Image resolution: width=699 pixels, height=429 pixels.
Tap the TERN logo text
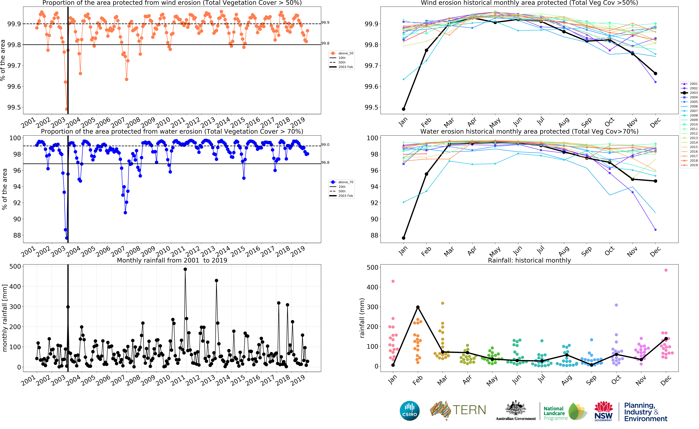pyautogui.click(x=469, y=410)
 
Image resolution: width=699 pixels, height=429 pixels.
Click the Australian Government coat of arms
pyautogui.click(x=516, y=409)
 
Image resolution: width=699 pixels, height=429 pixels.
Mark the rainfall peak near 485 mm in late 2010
pyautogui.click(x=185, y=269)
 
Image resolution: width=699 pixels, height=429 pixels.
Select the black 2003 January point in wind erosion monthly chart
pyautogui.click(x=403, y=109)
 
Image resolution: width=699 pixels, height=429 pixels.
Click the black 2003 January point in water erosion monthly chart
pyautogui.click(x=403, y=238)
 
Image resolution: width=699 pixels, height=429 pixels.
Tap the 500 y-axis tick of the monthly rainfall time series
pyautogui.click(x=15, y=266)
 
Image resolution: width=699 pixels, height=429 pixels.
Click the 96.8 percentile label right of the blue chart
pyautogui.click(x=325, y=163)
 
